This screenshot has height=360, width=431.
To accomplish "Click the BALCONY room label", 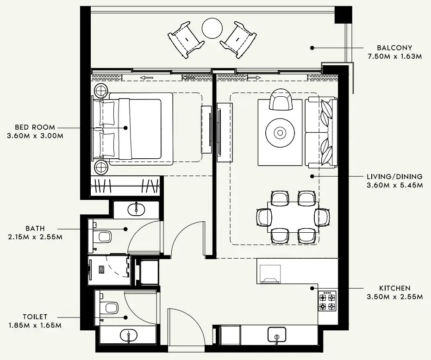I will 394,48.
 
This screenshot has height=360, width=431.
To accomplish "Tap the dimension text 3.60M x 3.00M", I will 35,136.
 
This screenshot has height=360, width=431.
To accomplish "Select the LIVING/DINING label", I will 394,176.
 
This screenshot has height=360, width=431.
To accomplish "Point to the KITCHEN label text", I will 394,288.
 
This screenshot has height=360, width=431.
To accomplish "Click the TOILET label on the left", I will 34,317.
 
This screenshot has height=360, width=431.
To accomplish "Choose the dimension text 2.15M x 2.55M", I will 35,237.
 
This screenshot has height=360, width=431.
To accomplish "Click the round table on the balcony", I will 212,28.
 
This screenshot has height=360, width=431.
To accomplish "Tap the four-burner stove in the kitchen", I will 327,301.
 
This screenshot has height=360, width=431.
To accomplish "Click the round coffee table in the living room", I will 280,133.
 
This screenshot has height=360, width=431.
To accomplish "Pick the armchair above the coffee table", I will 281,99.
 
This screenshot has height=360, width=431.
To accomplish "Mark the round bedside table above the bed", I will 101,90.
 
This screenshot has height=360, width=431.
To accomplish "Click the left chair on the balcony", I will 186,40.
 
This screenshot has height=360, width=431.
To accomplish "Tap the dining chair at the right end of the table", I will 323,216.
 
